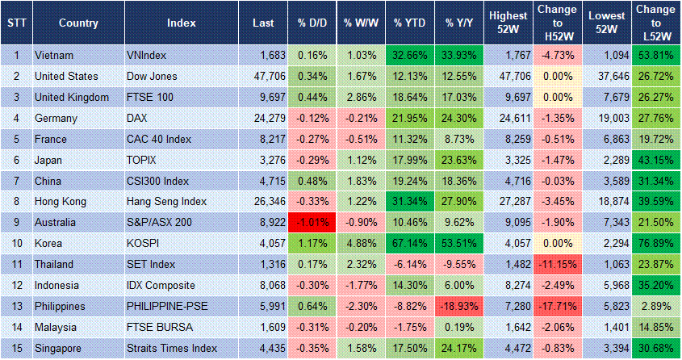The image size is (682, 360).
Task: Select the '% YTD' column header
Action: click(x=409, y=23)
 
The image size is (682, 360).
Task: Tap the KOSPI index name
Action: click(x=144, y=244)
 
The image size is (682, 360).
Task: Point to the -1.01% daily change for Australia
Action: click(x=311, y=223)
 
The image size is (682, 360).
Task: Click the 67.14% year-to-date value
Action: click(x=409, y=244)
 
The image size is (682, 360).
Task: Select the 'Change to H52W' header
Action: click(x=557, y=23)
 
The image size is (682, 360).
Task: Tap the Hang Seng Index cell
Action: click(x=167, y=202)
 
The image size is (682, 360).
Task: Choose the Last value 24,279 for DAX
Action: click(x=260, y=118)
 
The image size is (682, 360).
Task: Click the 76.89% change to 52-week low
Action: click(x=655, y=244)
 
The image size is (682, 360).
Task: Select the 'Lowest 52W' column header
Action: click(x=605, y=23)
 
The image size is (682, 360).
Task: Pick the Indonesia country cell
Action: click(x=58, y=286)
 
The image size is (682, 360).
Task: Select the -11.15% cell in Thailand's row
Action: click(x=557, y=265)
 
